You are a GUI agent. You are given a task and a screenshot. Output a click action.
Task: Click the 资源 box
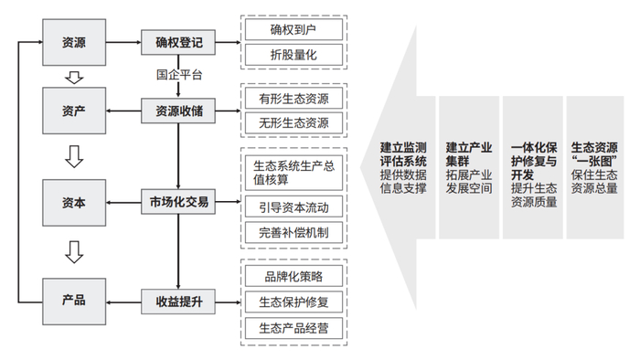[x=75, y=41]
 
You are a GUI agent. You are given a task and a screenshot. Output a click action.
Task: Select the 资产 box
[x=75, y=111]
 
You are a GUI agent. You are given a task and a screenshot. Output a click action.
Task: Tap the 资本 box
[x=75, y=203]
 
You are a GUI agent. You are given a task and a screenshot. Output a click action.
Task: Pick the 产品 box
[x=75, y=299]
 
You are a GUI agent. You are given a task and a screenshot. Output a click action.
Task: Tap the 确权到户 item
[x=293, y=29]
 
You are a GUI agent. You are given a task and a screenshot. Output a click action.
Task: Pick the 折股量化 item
[x=293, y=55]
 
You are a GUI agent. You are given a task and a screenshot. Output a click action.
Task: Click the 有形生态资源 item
[x=293, y=97]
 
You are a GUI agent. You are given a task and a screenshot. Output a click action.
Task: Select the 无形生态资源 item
[x=293, y=122]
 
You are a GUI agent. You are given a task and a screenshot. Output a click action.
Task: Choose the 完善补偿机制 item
[x=293, y=232]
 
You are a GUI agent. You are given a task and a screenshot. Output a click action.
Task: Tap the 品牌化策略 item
[x=293, y=274]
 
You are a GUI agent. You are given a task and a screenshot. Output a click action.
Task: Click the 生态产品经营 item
[x=293, y=327]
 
